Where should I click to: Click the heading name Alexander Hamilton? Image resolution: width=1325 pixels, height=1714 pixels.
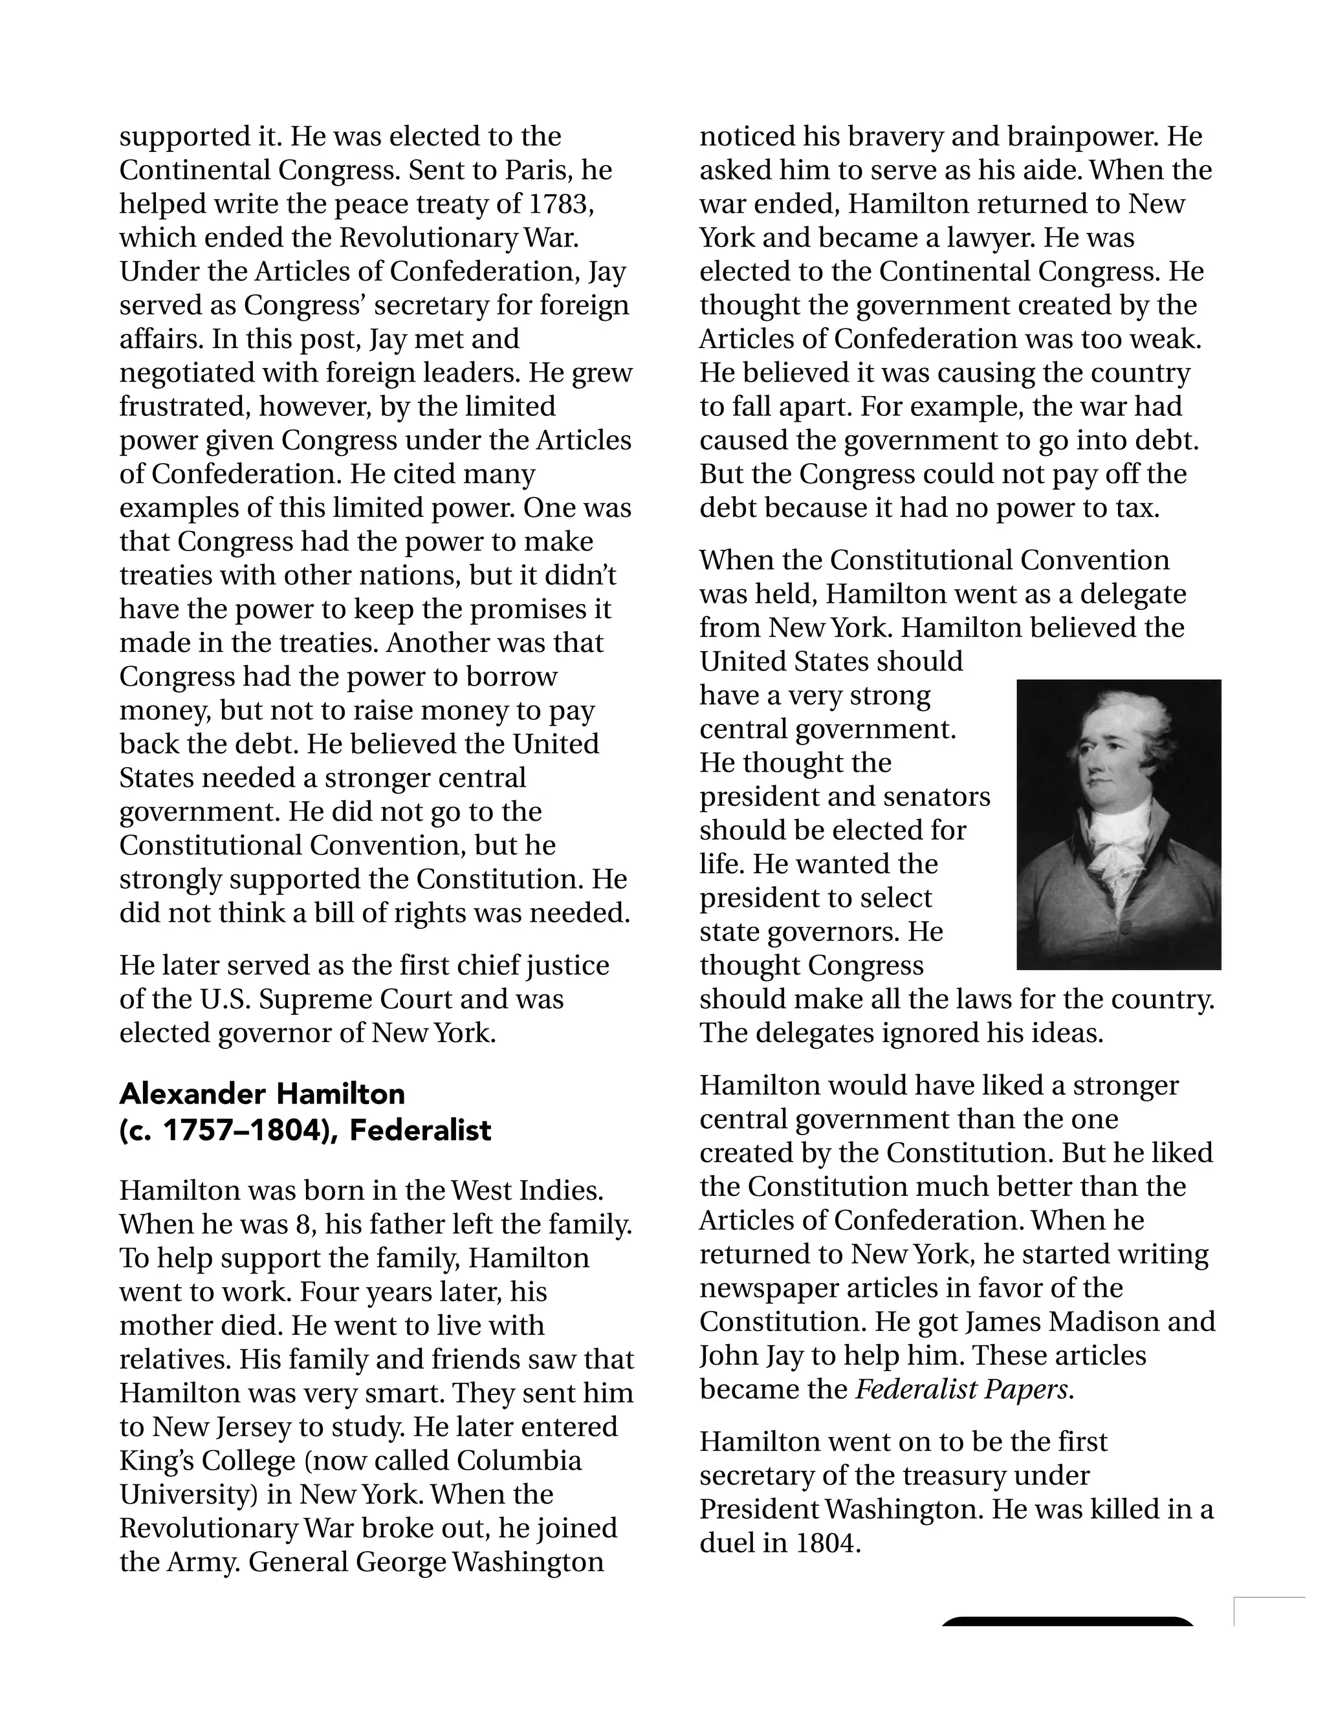[262, 1093]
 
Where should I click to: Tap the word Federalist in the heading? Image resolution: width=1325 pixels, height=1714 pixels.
[420, 1130]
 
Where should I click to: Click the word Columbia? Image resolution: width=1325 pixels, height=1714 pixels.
[519, 1460]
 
